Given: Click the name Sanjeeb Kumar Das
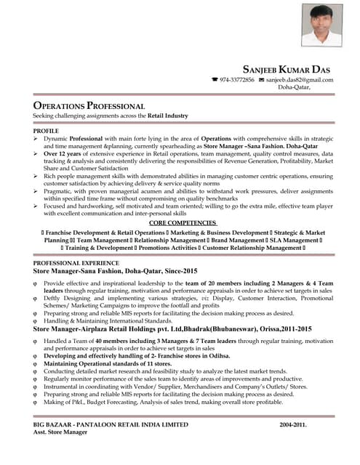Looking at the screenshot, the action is coord(289,68).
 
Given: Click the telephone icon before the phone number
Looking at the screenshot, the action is coord(215,80).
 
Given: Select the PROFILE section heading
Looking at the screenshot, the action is coord(46,130).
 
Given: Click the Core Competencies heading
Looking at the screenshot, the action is coord(183,222).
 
